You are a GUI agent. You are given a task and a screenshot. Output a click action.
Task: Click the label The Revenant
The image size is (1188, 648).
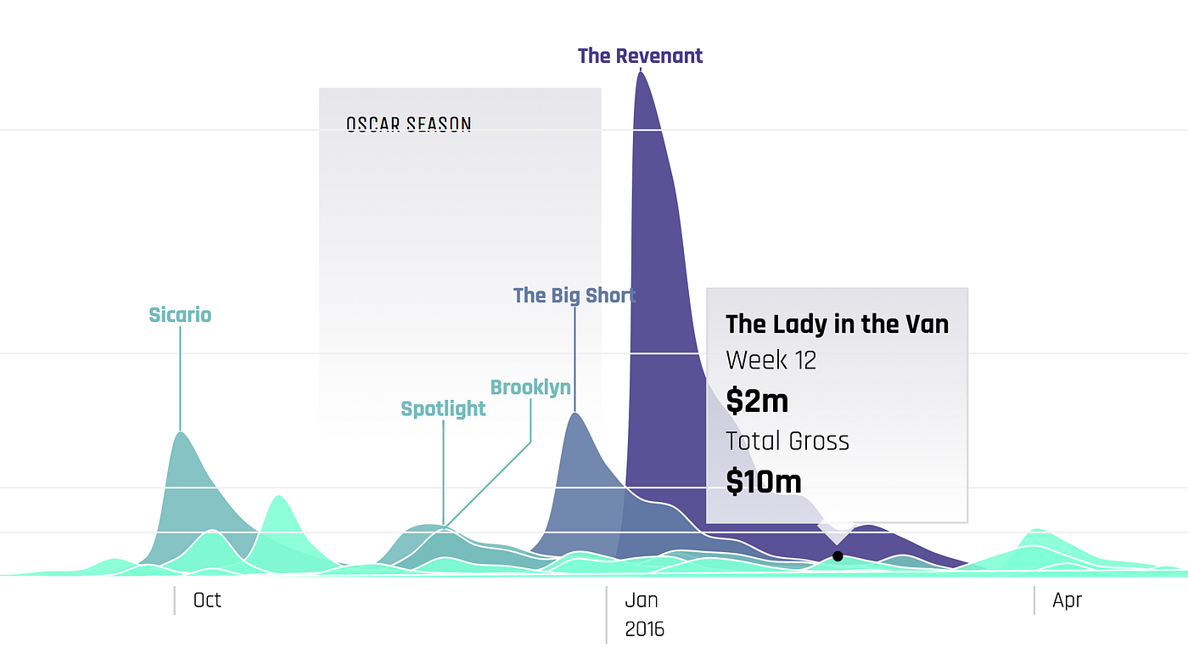[640, 56]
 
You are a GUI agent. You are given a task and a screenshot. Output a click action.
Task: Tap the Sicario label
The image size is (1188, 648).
[180, 315]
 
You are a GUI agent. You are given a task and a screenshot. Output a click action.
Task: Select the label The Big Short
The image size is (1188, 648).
[574, 296]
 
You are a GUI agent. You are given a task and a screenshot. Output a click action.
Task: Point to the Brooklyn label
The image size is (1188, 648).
[530, 388]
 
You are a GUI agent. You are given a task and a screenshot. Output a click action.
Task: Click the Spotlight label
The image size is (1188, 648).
[443, 409]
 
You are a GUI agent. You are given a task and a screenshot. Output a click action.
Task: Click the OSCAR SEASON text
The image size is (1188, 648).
[408, 125]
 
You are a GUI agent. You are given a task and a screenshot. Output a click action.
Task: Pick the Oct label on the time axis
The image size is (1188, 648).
[207, 600]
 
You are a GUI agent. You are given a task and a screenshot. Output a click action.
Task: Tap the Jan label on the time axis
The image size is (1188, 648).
[642, 600]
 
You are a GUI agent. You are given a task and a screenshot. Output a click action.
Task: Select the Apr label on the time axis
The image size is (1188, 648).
[1067, 600]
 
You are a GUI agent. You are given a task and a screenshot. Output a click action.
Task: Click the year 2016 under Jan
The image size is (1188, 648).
[644, 629]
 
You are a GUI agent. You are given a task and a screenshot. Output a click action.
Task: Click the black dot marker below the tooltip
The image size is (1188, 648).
[838, 556]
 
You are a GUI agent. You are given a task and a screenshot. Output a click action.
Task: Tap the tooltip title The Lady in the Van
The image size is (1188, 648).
[837, 324]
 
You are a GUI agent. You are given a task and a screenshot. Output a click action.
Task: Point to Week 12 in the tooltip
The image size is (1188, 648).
[771, 360]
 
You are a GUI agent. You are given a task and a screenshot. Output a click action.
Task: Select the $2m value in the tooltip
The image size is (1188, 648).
[757, 400]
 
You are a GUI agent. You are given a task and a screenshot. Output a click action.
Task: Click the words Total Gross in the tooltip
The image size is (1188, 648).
[787, 441]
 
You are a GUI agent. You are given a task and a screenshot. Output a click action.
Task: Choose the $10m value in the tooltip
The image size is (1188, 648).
[763, 482]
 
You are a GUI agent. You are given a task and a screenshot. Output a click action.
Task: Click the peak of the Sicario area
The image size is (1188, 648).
[180, 432]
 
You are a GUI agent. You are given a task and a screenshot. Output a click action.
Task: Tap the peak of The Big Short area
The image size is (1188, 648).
[575, 413]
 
